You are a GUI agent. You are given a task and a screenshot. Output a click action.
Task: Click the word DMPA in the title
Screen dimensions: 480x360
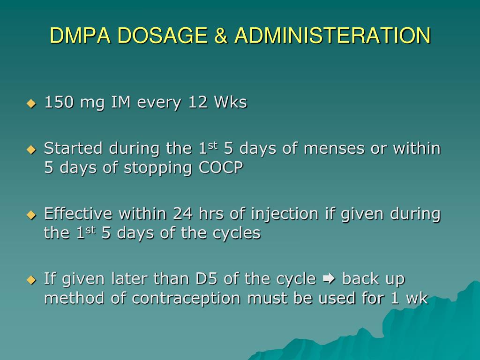coord(80,35)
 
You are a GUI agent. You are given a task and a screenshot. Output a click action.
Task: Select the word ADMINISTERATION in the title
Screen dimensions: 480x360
coord(333,35)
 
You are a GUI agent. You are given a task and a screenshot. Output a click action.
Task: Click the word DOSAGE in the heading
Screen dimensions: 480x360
coord(162,35)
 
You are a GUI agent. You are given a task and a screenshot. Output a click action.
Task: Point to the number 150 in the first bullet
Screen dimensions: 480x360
coord(59,102)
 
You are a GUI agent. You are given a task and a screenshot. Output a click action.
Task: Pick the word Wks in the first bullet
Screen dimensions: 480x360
coord(231,102)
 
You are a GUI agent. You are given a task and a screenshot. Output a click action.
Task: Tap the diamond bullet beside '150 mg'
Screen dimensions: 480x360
coord(31,104)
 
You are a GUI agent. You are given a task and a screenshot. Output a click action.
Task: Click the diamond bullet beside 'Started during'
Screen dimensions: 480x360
coord(31,150)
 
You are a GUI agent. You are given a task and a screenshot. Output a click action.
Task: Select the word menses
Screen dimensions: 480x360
coord(334,149)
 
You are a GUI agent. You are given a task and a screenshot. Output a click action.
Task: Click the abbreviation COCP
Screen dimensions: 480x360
coord(221,167)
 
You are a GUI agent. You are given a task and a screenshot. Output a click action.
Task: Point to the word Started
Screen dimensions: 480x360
coord(73,148)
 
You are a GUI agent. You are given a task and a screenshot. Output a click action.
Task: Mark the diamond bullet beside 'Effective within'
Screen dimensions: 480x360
coord(31,215)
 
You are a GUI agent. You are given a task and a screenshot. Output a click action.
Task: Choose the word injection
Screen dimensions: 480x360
coord(285,214)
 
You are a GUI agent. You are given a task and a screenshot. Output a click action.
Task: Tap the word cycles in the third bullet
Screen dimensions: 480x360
coord(236,233)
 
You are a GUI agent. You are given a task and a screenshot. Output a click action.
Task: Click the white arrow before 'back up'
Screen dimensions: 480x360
coord(329,279)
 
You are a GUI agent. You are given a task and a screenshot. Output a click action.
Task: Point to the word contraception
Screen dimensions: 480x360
coord(186,299)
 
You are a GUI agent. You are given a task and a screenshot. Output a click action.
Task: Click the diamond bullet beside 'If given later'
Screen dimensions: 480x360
coord(31,280)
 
